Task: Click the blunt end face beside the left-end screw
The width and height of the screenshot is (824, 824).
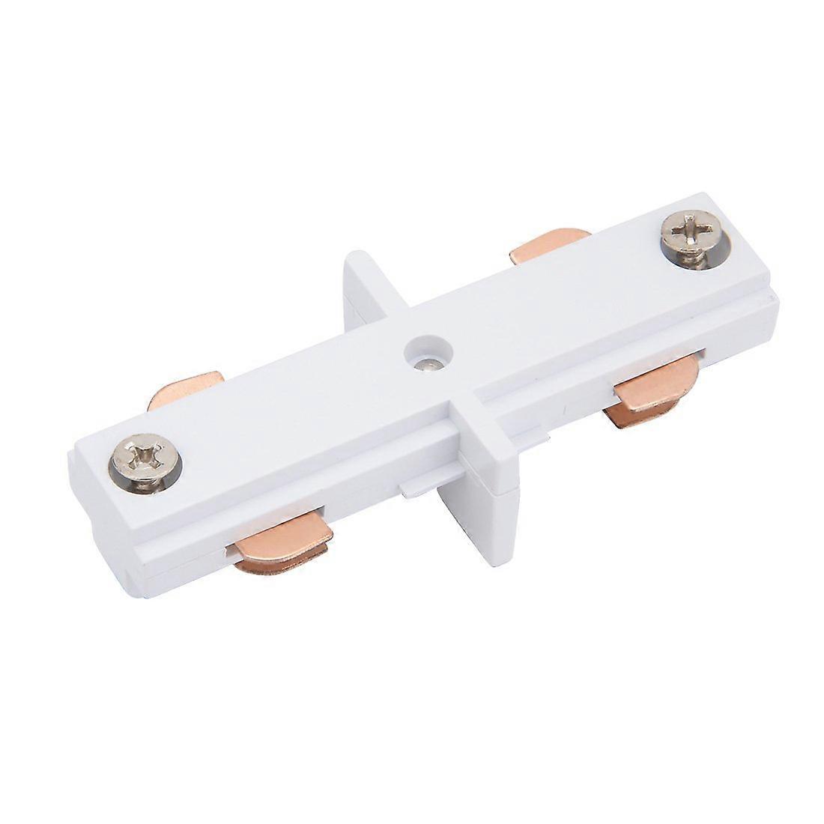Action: point(90,517)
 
